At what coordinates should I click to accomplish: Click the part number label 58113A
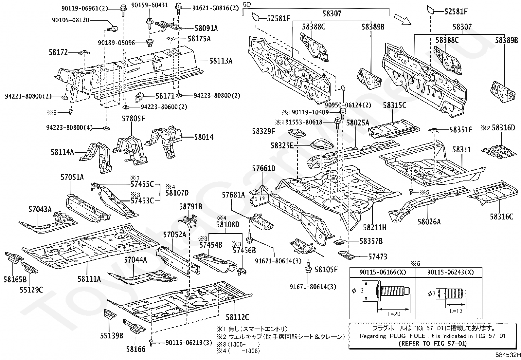click(x=221, y=61)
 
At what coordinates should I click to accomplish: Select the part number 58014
click(x=204, y=137)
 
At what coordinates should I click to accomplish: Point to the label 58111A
click(x=89, y=279)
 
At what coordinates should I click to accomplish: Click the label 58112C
click(x=237, y=317)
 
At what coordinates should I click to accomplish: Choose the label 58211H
click(x=375, y=227)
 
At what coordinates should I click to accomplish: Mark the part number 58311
click(x=462, y=149)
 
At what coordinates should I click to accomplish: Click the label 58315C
click(x=394, y=105)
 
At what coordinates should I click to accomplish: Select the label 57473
click(x=378, y=256)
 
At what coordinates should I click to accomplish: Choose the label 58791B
click(x=190, y=206)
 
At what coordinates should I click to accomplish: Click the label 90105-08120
click(x=70, y=20)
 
